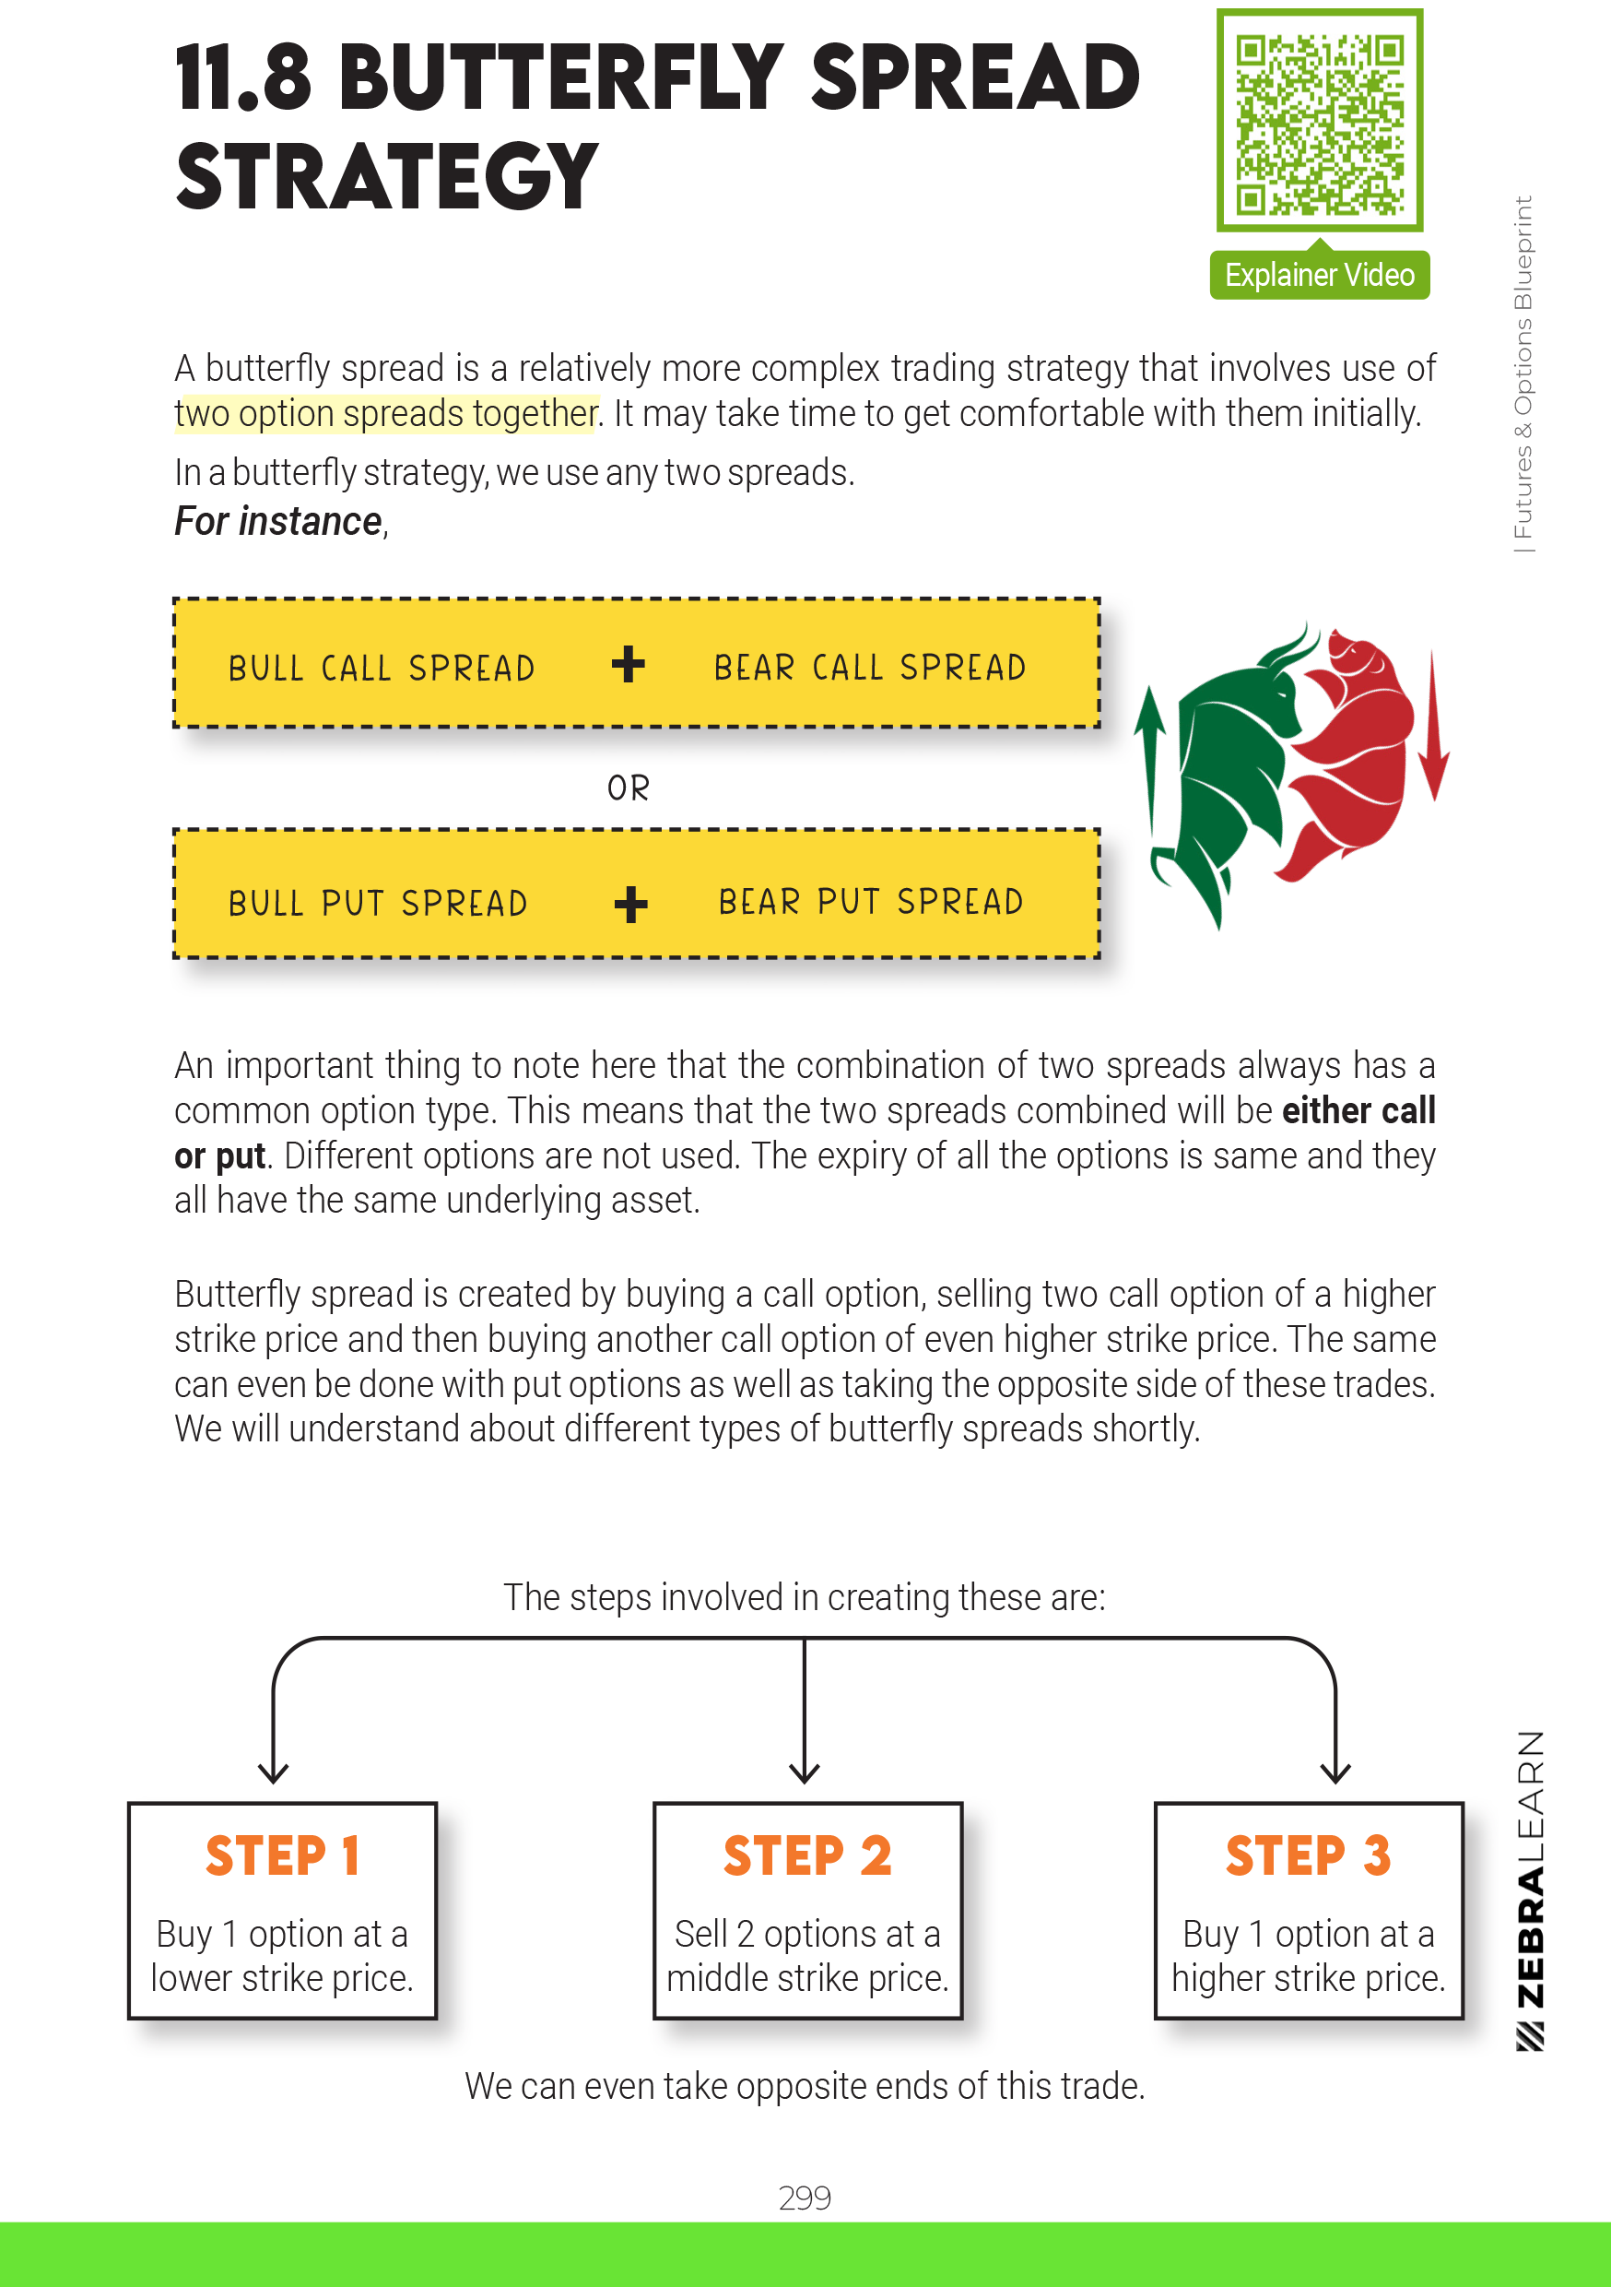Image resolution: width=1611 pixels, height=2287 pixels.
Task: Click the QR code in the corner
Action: coord(1319,122)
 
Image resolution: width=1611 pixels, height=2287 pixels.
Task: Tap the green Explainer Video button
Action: coord(1319,275)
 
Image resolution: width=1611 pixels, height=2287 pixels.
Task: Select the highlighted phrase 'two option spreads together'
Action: coord(386,413)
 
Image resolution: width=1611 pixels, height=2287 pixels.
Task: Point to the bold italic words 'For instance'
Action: coord(278,521)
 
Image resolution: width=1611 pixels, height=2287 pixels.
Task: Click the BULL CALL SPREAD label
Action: coord(382,668)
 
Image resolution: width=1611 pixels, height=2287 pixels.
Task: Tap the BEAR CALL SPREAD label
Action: coord(869,667)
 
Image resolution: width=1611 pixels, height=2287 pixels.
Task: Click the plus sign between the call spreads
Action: coord(629,664)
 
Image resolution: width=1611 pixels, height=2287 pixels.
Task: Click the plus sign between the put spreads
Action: coord(630,905)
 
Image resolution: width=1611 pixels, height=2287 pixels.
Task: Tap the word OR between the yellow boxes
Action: coord(629,788)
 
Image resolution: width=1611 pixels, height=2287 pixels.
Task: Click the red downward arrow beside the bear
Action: coord(1433,728)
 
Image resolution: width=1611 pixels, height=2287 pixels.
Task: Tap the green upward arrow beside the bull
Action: coord(1151,757)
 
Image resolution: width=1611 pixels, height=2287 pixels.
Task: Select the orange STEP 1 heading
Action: coord(282,1855)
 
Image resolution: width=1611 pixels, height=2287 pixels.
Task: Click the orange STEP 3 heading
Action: coord(1307,1855)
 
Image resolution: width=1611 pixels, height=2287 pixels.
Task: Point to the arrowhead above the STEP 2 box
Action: coord(805,1772)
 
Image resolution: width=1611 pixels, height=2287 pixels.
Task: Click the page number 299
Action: coord(805,2197)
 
